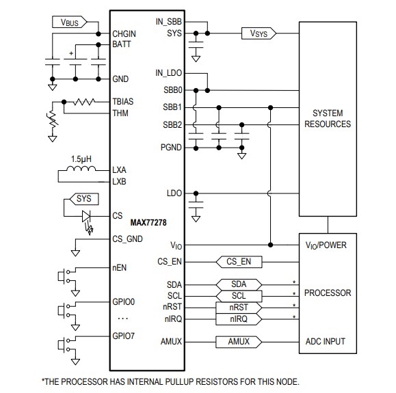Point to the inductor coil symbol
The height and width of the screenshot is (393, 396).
pos(83,170)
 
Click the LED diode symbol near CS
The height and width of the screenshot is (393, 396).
pos(87,216)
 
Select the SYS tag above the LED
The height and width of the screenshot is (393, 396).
pos(83,199)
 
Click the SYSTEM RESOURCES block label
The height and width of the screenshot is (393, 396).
pos(327,118)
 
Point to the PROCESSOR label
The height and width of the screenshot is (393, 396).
pos(327,293)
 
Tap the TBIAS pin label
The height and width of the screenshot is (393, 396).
pos(124,102)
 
